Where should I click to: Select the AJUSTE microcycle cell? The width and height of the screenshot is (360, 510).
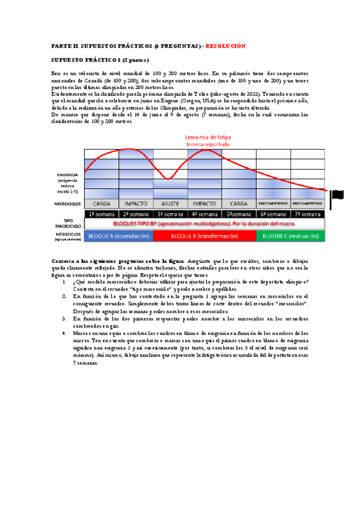[171, 203]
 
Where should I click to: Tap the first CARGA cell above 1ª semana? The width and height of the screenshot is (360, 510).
[102, 203]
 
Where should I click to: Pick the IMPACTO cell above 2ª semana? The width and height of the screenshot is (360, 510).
[136, 203]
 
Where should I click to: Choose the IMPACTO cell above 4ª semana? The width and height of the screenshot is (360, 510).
[204, 203]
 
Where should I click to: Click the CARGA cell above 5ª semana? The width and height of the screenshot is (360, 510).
[239, 203]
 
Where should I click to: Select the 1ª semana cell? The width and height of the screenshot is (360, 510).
[102, 214]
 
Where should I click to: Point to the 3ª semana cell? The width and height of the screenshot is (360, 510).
[171, 214]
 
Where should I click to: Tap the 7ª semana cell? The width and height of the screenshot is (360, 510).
[308, 214]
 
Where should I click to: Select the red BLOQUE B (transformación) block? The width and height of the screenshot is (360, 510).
[204, 235]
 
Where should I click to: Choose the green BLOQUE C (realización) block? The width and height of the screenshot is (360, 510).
[290, 235]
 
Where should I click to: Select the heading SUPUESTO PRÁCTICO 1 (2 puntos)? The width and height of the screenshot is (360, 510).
[100, 60]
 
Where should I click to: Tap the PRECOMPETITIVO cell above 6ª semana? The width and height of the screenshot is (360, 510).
[273, 203]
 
